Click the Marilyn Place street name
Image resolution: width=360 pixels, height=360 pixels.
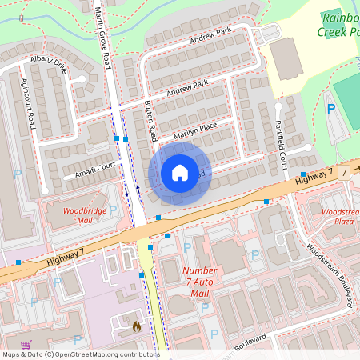coord(195,129)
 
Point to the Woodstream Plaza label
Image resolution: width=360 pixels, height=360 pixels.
coord(341,216)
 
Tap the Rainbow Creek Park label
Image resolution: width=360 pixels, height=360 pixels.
coord(340,24)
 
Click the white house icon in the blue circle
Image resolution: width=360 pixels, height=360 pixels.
coord(180,172)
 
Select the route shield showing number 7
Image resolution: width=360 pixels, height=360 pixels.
coord(342,173)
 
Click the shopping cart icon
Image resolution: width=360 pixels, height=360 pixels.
coord(26,345)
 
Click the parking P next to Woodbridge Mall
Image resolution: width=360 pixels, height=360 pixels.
coord(113,210)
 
